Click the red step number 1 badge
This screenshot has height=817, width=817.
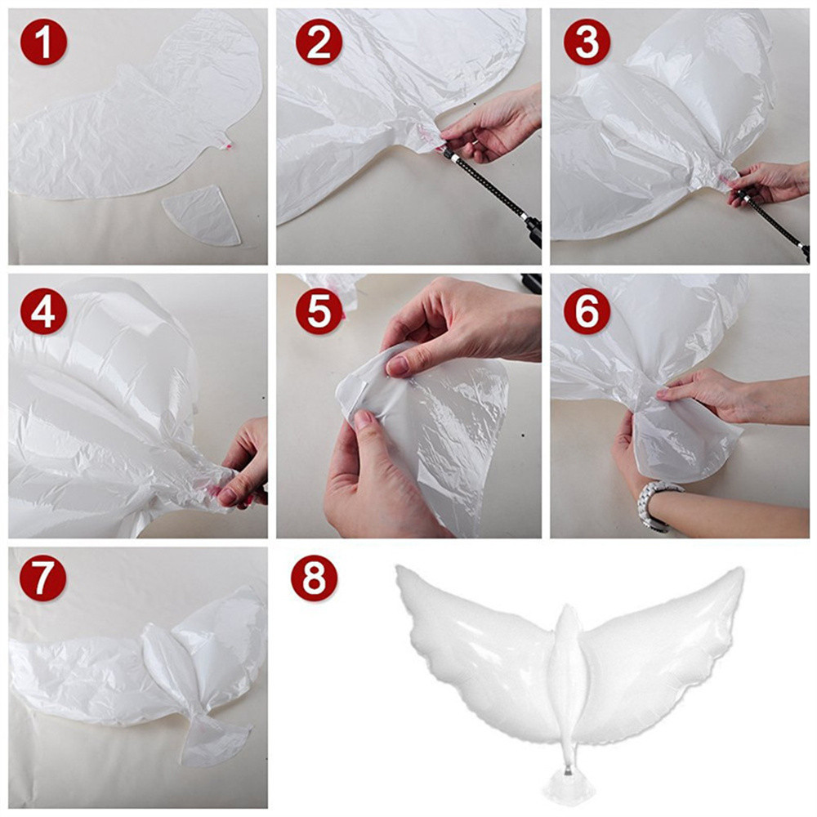coord(44,42)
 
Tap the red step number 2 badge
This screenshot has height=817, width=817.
coord(319,42)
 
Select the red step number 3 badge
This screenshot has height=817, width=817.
coord(587,42)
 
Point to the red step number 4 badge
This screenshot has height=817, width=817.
coord(44,311)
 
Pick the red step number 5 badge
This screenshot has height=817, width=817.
coord(319,311)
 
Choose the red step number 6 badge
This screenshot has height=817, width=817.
coord(587,311)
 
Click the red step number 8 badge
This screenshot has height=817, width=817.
coord(315,578)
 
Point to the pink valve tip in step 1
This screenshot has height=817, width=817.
coord(226,143)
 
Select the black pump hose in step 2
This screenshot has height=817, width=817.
coord(489,192)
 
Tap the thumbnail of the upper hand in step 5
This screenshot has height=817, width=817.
coord(398,367)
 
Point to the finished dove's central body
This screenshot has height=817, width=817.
coord(569,677)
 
